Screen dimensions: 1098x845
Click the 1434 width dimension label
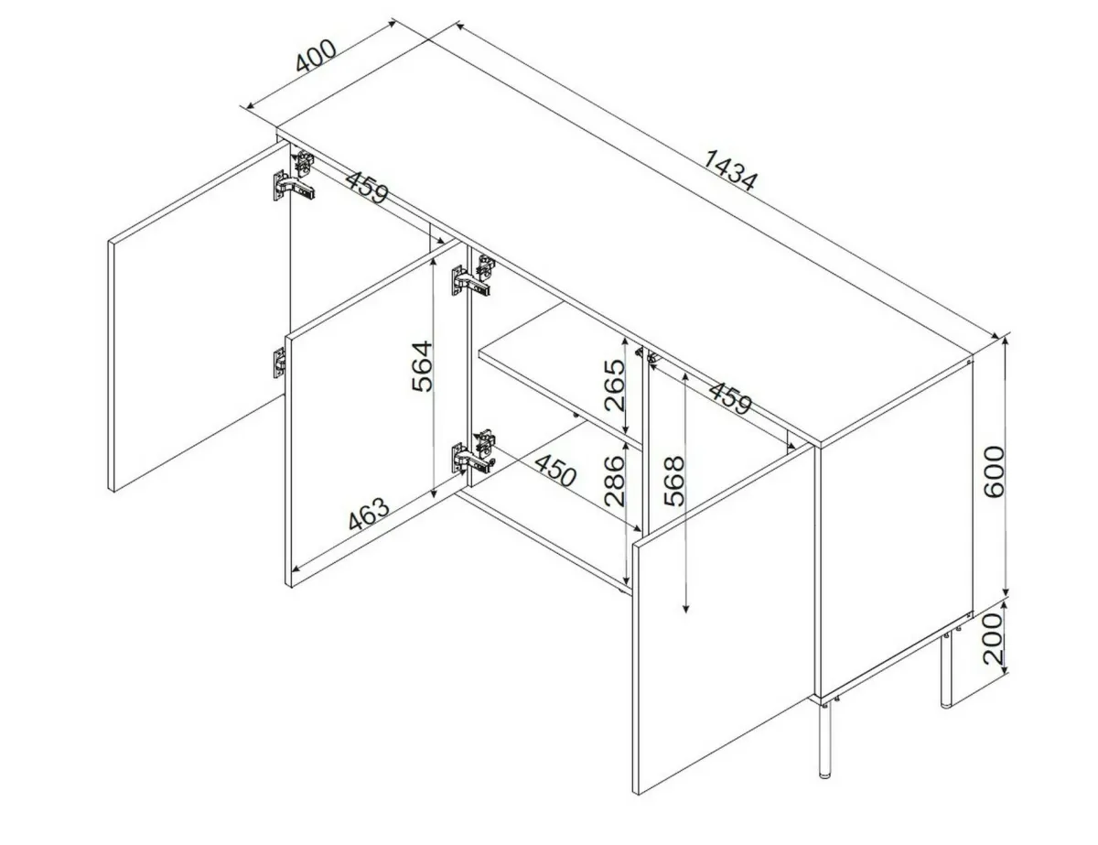click(x=731, y=170)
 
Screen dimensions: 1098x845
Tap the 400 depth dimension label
click(x=316, y=55)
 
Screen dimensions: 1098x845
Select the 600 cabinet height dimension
click(x=993, y=471)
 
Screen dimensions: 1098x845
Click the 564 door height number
click(x=422, y=366)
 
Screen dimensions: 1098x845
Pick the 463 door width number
click(x=370, y=514)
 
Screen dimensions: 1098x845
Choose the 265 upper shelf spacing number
click(x=615, y=385)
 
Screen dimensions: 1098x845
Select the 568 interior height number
click(x=674, y=481)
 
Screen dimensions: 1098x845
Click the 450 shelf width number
click(x=554, y=470)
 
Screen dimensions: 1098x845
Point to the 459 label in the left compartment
click(x=368, y=187)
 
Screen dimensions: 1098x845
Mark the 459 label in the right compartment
click(x=729, y=397)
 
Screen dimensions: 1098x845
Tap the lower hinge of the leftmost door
click(x=279, y=363)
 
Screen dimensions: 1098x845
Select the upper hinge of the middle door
click(x=472, y=277)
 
